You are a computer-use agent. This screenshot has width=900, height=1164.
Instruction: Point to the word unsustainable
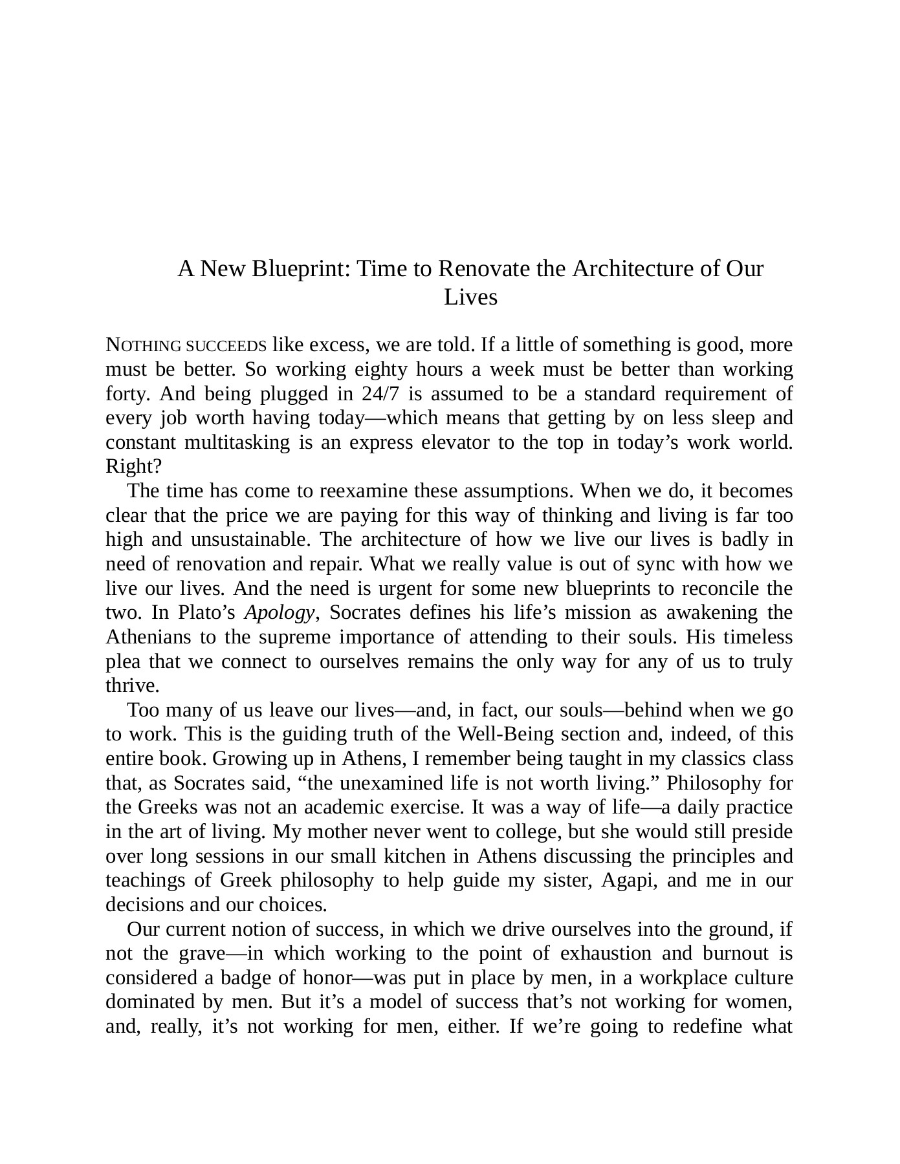[248, 539]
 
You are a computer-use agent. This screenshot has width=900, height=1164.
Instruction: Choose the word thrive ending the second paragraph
[131, 685]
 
